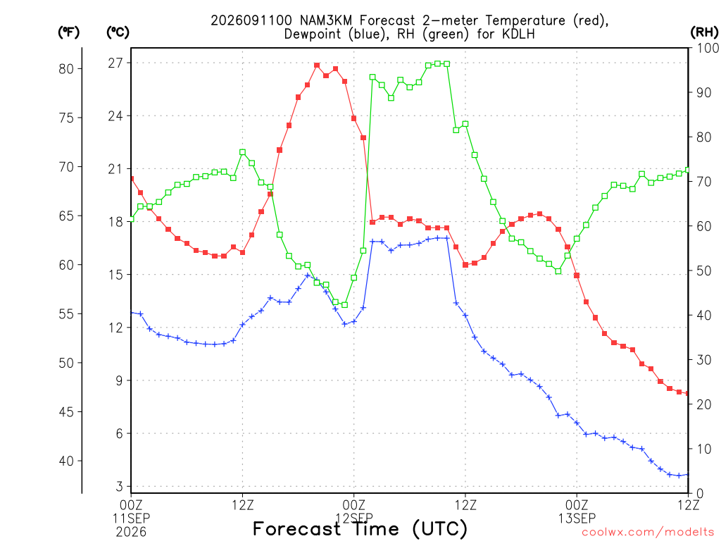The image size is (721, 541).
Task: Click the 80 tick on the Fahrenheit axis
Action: pos(66,69)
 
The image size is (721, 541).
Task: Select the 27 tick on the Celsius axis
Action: pos(116,63)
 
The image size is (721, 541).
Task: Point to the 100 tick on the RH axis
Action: pos(708,48)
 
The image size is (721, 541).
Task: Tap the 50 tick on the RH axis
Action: pos(704,270)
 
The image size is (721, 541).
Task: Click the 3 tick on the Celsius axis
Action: pos(120,486)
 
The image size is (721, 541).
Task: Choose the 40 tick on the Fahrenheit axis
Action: pos(66,461)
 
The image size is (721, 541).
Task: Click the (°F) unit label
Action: pos(68,32)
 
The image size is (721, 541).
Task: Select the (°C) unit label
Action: pos(118,32)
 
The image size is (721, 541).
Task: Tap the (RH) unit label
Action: pos(704,32)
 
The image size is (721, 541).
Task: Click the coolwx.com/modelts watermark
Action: pos(648,533)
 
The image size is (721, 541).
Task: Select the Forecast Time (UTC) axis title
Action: pos(360,528)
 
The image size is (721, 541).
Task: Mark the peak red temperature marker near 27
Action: pos(317,66)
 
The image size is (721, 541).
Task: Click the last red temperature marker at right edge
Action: pos(687,393)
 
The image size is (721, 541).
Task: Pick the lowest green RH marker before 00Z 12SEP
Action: pos(345,304)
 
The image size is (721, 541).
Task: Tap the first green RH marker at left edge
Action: pos(132,219)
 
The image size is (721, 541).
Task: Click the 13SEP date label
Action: pos(577,518)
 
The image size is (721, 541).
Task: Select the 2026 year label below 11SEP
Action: pos(131,533)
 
